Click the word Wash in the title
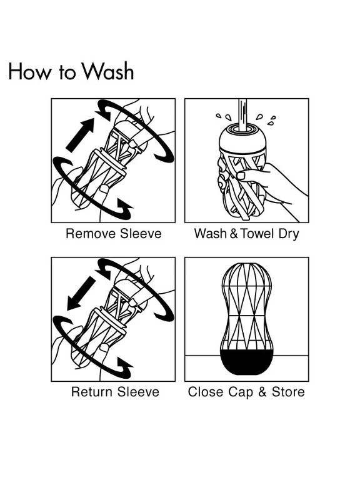coord(109,71)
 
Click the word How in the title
coord(30,72)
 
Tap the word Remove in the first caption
coord(91,234)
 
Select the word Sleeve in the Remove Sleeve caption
coord(141,234)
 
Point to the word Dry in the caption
coord(288,234)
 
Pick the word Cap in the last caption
coord(241,392)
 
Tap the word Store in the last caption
coord(288,392)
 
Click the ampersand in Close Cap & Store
coord(262,392)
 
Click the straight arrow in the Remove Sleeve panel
coord(80,135)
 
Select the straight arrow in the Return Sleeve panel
coord(81,293)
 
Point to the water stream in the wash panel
coord(243,115)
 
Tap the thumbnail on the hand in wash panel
coord(241,176)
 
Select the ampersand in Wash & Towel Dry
coord(234,234)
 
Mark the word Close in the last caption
coord(206,392)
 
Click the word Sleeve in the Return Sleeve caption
coord(138,392)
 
